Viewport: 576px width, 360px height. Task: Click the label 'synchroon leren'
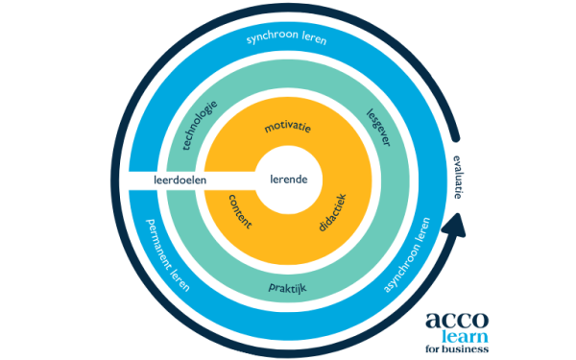[x=286, y=38]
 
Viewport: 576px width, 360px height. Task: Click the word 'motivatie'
[x=288, y=127]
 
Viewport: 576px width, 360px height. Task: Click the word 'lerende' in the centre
[x=288, y=180]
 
